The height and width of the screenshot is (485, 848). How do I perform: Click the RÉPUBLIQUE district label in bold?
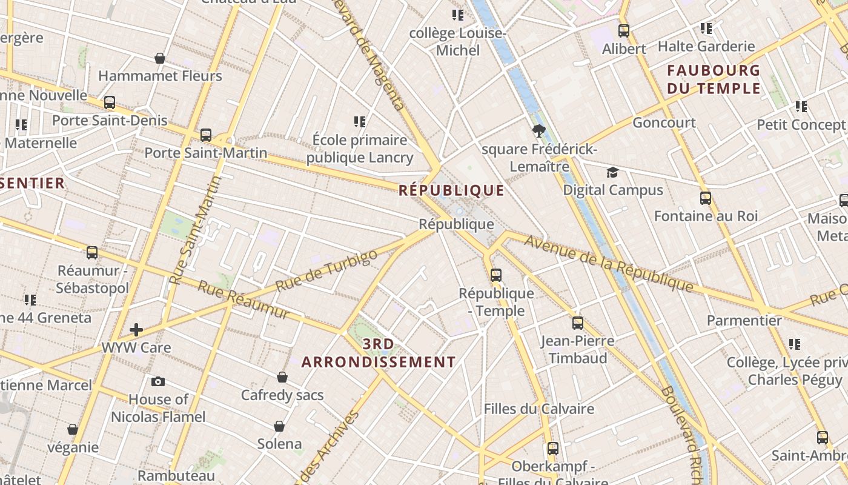coord(451,191)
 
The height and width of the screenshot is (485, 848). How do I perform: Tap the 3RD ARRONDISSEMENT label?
coord(379,353)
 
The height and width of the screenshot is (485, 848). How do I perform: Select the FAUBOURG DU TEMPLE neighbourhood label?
coord(714,79)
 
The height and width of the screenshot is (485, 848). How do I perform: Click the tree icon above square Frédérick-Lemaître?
coord(538,131)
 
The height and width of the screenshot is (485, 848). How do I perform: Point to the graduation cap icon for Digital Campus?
coord(612,173)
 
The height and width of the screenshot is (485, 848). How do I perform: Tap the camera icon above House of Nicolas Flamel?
coord(158,381)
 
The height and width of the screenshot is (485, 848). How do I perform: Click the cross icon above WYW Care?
coord(136,330)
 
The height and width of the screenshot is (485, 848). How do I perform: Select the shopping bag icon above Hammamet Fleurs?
coord(160,58)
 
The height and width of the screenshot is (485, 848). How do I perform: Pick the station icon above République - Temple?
coord(496,275)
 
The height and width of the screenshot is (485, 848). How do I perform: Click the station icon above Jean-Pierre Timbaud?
coord(578,323)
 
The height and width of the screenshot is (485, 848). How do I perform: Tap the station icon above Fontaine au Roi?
coord(705,198)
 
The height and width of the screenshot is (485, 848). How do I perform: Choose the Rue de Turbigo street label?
coord(326,270)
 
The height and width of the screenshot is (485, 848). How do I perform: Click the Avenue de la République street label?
coord(608,263)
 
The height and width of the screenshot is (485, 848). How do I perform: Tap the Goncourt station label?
coord(664,123)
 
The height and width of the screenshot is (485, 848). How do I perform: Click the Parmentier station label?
coord(744,321)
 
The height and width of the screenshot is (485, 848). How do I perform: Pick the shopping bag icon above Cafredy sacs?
coord(282,377)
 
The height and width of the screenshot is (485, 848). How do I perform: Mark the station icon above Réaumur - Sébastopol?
coord(92,253)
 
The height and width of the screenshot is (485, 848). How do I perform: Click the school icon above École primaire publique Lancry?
coord(360,122)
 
